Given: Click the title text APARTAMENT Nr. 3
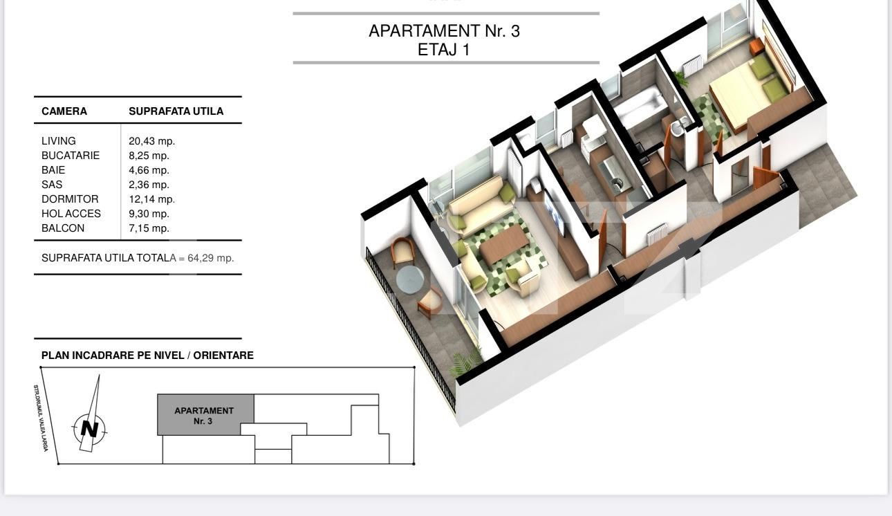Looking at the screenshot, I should coord(444,31).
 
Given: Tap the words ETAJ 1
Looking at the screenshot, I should coord(444,50).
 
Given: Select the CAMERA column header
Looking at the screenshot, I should coord(64,111).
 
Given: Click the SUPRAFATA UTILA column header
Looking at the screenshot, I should coord(176,111).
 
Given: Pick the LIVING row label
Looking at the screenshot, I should coord(59,141).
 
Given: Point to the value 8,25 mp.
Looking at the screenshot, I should coord(149,156).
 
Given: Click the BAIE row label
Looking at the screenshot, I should coord(53,170).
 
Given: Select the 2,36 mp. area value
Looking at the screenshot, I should coord(149,185).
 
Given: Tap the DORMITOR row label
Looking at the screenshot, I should coord(70,199).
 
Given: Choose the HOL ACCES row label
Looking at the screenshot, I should coord(71,214).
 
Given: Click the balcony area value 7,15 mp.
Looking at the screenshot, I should coord(149,228).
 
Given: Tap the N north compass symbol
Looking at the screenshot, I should coord(89,428).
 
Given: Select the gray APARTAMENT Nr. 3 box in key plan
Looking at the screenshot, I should coord(205,415).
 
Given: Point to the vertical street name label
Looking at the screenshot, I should coord(40,418).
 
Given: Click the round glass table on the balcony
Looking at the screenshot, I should coord(410,279).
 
